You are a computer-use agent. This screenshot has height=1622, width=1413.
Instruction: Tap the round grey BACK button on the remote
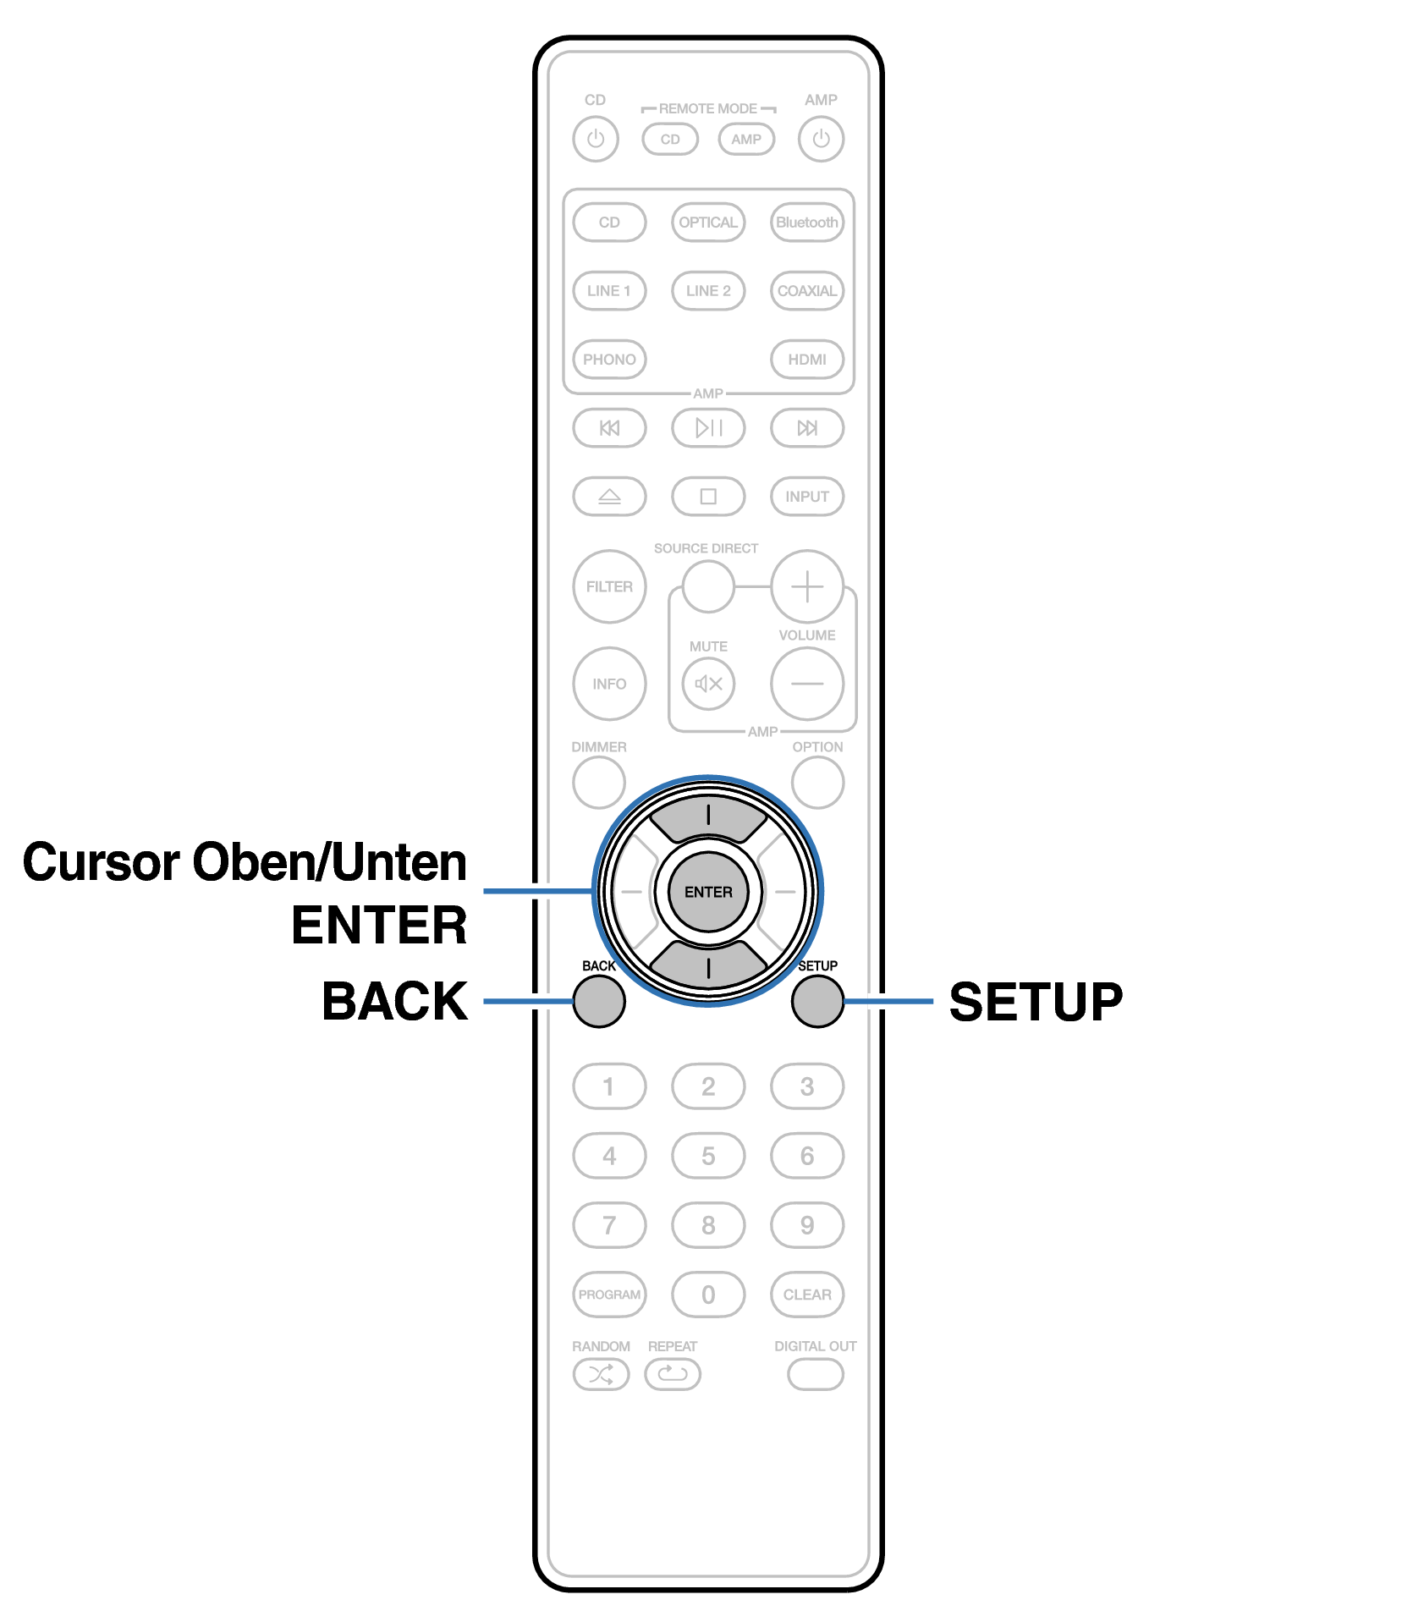599,1001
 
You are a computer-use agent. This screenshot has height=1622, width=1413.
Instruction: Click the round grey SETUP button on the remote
817,1001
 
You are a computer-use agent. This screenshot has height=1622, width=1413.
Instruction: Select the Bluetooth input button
807,223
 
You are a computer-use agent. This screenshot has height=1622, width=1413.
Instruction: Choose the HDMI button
807,360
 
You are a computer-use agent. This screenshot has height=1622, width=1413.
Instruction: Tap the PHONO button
609,360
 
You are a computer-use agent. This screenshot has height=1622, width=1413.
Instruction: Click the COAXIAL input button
807,291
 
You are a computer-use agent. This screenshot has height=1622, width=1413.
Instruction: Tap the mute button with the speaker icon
708,683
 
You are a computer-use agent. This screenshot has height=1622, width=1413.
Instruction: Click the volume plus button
807,586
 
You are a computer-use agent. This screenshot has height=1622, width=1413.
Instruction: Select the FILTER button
609,586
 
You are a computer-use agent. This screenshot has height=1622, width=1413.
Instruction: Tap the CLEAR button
807,1295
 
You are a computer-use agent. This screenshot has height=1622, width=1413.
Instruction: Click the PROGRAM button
609,1295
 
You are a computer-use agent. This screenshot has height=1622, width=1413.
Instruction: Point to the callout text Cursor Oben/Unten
245,862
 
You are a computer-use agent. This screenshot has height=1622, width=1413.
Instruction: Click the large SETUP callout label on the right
1036,1002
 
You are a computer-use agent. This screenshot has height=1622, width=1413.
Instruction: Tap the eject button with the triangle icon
609,497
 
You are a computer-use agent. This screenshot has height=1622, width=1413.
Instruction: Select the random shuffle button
601,1374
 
